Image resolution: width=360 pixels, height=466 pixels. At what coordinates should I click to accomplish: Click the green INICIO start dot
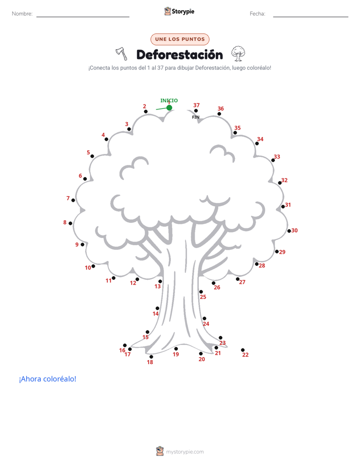click(x=169, y=107)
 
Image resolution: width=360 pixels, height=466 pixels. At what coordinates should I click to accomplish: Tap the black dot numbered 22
click(x=243, y=350)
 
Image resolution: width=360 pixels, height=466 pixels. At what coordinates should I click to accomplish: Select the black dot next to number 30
click(x=289, y=231)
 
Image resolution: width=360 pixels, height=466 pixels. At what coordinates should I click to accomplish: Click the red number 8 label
click(x=65, y=222)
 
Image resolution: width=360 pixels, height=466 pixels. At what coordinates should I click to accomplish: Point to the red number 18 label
click(x=150, y=362)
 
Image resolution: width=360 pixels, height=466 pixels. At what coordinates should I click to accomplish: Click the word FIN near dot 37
click(x=196, y=117)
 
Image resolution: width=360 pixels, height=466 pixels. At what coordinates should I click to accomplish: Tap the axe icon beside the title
click(x=122, y=53)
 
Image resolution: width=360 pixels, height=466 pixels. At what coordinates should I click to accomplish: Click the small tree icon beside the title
click(x=238, y=53)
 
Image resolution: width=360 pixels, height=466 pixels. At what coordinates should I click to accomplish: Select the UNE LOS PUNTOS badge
click(x=180, y=39)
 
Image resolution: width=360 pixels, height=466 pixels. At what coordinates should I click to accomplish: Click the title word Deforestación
click(x=179, y=54)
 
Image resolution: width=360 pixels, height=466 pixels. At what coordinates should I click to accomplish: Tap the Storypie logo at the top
click(x=179, y=11)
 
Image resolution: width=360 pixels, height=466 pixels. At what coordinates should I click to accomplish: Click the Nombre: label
click(x=22, y=14)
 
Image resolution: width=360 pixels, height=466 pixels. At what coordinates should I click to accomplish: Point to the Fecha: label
click(x=258, y=14)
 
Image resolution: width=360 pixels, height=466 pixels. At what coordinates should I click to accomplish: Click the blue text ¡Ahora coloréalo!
click(x=47, y=379)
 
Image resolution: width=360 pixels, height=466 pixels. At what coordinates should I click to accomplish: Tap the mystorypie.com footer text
click(x=185, y=452)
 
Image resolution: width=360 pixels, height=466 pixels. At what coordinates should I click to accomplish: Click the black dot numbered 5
click(x=92, y=156)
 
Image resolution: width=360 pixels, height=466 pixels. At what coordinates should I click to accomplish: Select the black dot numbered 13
click(x=160, y=281)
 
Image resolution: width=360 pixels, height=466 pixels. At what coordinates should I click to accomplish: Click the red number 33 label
click(x=277, y=157)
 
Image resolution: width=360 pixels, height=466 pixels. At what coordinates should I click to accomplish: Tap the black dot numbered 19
click(x=176, y=348)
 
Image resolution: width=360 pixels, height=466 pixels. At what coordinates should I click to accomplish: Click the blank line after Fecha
click(x=311, y=17)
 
